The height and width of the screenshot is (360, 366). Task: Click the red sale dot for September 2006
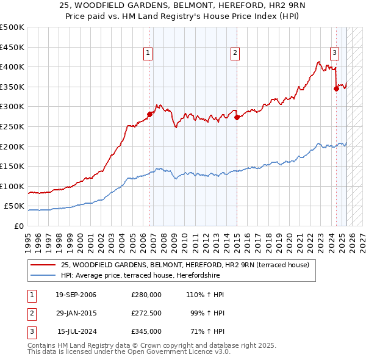pos(149,114)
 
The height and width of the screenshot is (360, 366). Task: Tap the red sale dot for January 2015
pos(237,117)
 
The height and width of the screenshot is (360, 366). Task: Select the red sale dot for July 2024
pos(336,88)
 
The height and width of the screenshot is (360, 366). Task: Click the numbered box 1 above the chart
pos(148,54)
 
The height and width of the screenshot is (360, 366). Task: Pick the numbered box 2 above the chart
pos(235,54)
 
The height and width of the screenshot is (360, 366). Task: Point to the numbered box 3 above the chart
pos(334,52)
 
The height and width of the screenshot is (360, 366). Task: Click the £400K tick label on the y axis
pos(12,67)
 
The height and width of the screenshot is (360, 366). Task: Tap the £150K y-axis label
pos(12,167)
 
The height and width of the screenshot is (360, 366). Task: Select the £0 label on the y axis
pos(19,226)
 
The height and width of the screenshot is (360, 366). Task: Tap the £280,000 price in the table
pos(146,295)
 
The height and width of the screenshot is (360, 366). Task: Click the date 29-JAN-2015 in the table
pos(76,313)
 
